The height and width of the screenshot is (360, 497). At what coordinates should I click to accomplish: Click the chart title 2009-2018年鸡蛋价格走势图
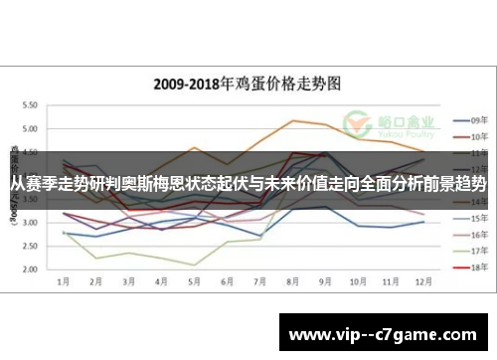(x=248, y=85)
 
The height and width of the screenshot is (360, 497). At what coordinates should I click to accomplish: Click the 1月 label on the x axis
(x=65, y=282)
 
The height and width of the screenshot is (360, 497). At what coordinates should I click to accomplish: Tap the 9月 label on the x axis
(x=325, y=282)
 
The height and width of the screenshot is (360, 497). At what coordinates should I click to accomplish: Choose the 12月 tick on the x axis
(x=422, y=282)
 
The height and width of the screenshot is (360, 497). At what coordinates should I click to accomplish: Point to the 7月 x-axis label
(x=259, y=282)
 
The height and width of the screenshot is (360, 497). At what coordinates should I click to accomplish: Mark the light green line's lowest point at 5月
(x=195, y=265)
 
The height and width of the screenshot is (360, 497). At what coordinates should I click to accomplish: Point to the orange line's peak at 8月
(x=292, y=120)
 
